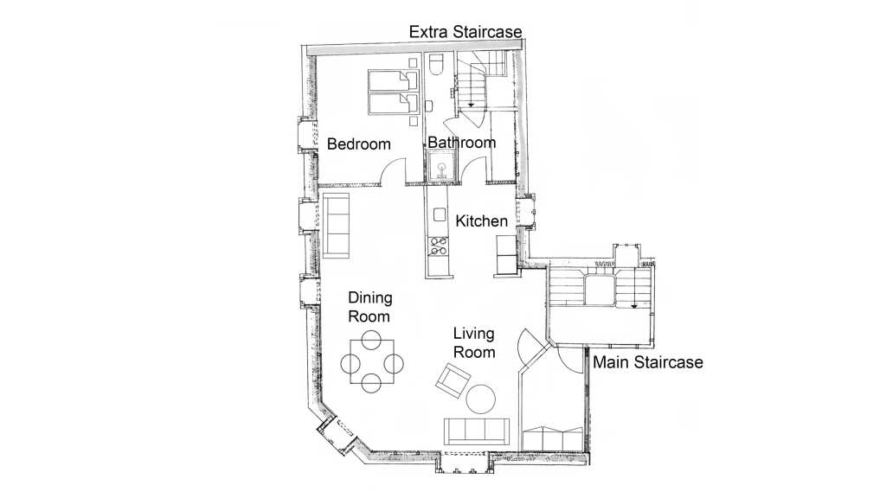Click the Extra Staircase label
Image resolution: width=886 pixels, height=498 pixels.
[465, 32]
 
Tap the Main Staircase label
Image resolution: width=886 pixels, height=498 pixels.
[647, 362]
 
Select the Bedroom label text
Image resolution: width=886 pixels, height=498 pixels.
[359, 144]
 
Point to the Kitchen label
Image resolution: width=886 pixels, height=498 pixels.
[481, 220]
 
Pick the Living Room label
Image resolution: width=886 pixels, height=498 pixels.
[474, 342]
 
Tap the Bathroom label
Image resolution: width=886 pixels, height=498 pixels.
[462, 143]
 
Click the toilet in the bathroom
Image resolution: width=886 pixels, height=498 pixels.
[437, 64]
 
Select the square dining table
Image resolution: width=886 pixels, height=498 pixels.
[372, 362]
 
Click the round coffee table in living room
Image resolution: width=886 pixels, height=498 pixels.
[481, 399]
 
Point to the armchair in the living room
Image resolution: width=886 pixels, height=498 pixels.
[453, 380]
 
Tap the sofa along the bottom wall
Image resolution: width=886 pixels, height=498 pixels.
[477, 431]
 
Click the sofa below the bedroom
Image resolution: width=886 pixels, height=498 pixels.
[337, 226]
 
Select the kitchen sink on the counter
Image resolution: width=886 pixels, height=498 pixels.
[440, 214]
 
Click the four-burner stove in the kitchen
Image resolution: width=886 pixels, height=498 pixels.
[439, 246]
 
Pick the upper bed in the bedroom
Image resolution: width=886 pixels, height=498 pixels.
[394, 80]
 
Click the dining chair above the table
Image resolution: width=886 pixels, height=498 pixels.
[371, 340]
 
